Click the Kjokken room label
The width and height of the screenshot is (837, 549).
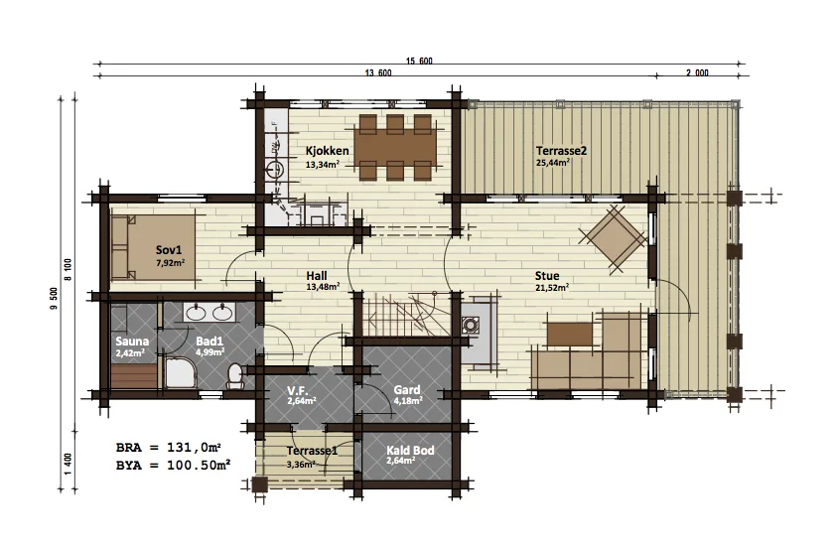tap(328, 151)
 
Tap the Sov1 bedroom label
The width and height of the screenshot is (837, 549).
tap(169, 250)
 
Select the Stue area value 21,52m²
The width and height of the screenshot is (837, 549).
tap(552, 287)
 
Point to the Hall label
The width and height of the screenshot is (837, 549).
tap(317, 276)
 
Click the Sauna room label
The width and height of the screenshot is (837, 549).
tap(132, 342)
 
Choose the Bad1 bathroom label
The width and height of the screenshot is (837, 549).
tap(209, 342)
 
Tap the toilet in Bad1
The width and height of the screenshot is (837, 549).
tap(235, 375)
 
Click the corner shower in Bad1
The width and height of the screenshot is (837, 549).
tap(181, 373)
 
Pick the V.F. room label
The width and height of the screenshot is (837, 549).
tap(299, 390)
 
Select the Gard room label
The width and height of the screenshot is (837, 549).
tap(407, 390)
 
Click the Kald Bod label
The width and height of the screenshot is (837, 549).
tap(410, 451)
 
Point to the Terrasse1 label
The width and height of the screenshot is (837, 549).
tap(312, 451)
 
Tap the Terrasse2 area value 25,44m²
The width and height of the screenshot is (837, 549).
tap(552, 162)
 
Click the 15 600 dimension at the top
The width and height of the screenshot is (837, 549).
tap(419, 61)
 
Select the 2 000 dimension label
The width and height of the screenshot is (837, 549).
tap(697, 73)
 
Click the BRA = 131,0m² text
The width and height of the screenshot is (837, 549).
tap(169, 447)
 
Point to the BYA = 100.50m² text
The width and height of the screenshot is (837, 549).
tap(173, 466)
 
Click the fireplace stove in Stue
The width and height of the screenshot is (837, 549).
tap(471, 325)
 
